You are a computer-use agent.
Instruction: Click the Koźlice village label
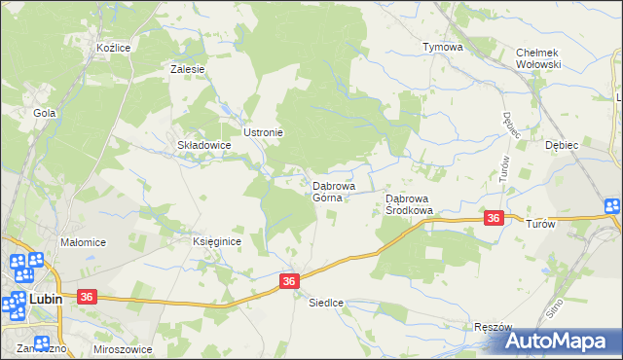(x=114, y=47)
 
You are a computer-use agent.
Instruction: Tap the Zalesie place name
(x=187, y=69)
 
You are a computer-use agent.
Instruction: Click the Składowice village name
(x=202, y=145)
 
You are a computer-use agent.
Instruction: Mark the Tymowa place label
(x=442, y=47)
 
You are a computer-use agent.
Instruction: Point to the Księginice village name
(x=216, y=241)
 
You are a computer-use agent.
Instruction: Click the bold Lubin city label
(x=45, y=300)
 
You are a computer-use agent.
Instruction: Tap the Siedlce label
(x=326, y=302)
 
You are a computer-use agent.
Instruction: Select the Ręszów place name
(x=491, y=327)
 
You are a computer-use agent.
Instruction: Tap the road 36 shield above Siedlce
(x=289, y=280)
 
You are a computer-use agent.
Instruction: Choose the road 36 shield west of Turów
(x=494, y=219)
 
